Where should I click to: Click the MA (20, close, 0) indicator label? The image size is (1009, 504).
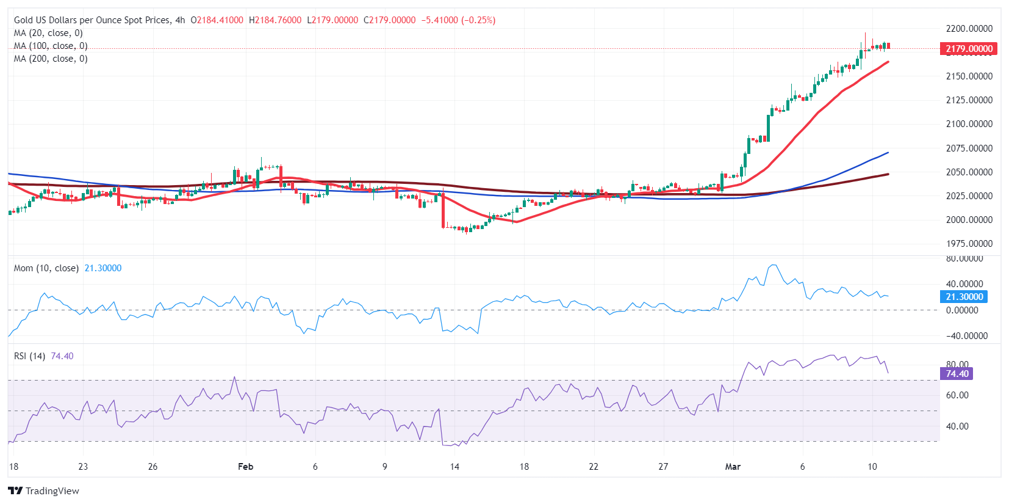48,33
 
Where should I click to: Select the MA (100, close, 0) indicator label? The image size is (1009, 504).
51,46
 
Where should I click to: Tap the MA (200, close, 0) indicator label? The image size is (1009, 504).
51,59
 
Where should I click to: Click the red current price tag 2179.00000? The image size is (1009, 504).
969,49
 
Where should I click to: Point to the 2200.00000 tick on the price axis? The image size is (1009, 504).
969,29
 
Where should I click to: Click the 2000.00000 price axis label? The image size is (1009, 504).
969,220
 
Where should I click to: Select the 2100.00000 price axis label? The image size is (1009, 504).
969,124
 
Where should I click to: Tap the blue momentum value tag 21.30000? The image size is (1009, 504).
964,297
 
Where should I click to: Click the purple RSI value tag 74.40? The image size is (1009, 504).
957,374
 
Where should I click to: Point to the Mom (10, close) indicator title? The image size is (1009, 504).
46,268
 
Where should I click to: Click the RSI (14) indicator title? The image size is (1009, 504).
29,356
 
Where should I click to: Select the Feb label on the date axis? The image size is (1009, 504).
245,467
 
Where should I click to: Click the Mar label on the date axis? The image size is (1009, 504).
733,467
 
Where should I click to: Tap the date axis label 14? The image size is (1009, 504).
454,467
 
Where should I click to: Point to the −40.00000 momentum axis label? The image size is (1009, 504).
966,336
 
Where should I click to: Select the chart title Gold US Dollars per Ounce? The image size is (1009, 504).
92,20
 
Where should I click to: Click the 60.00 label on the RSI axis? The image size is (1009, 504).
957,395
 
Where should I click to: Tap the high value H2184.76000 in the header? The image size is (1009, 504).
275,20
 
